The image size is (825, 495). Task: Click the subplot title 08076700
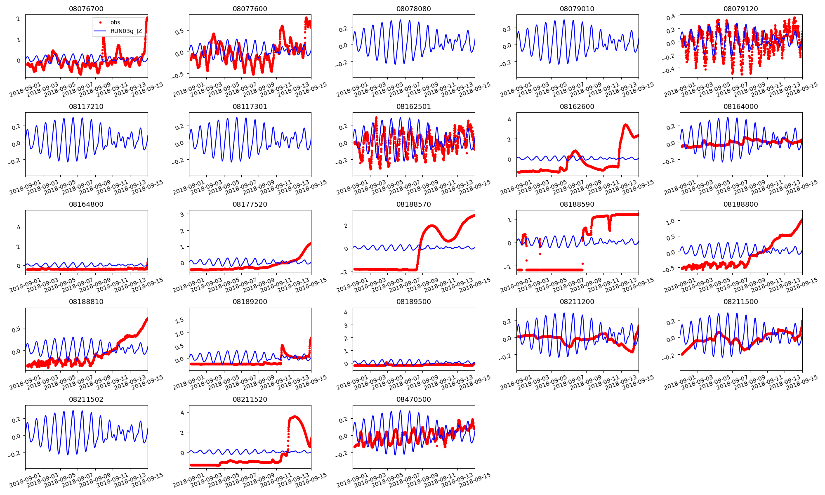(86, 9)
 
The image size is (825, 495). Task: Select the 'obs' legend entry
(115, 22)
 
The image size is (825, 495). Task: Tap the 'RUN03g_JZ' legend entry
(126, 31)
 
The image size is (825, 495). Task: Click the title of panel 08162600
(577, 106)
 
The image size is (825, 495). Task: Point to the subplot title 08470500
(413, 399)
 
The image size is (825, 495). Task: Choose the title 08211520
(250, 399)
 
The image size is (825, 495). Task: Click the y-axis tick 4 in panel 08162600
(509, 120)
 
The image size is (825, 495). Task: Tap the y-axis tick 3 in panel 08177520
(182, 214)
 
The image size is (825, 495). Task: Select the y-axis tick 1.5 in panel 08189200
(179, 320)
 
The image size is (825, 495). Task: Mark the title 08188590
(577, 204)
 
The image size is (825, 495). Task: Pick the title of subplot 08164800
(86, 204)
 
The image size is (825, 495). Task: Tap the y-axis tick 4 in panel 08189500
(346, 312)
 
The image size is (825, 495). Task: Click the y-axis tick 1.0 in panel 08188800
(670, 222)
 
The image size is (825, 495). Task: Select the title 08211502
(86, 399)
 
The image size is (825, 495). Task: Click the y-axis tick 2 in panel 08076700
(19, 19)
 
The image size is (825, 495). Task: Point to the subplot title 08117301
(250, 106)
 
